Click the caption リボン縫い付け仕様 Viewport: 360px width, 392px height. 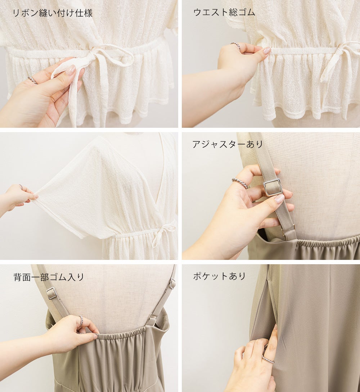(53, 13)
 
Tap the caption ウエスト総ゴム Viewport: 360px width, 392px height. (224, 12)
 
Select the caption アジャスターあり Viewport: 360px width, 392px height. (228, 144)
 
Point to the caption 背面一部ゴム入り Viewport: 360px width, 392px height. (49, 277)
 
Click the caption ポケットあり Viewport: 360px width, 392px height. (219, 276)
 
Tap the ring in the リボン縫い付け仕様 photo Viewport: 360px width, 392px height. (33, 80)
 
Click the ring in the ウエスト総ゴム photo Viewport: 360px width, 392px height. (235, 45)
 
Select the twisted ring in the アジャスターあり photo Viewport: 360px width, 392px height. (240, 183)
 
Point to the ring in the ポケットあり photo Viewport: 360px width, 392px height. (268, 359)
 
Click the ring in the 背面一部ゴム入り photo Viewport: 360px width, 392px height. (81, 321)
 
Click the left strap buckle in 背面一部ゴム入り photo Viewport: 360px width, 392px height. (52, 294)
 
